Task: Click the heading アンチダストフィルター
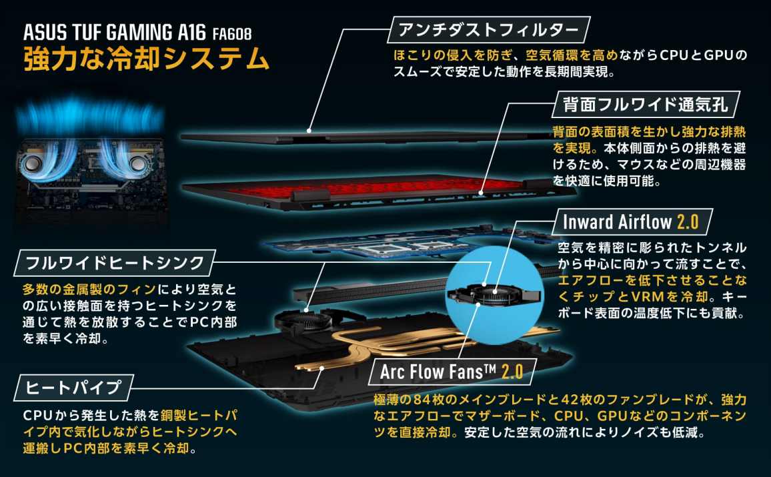(x=488, y=30)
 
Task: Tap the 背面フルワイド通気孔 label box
(x=646, y=104)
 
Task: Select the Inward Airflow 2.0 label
(x=631, y=221)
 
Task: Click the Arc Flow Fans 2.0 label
(x=452, y=372)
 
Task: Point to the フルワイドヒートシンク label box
(x=115, y=263)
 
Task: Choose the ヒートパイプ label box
(x=74, y=388)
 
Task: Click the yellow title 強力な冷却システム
(x=146, y=59)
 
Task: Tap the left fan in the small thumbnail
(x=35, y=162)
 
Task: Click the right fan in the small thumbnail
(x=136, y=162)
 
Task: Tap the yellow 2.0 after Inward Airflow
(x=688, y=221)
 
